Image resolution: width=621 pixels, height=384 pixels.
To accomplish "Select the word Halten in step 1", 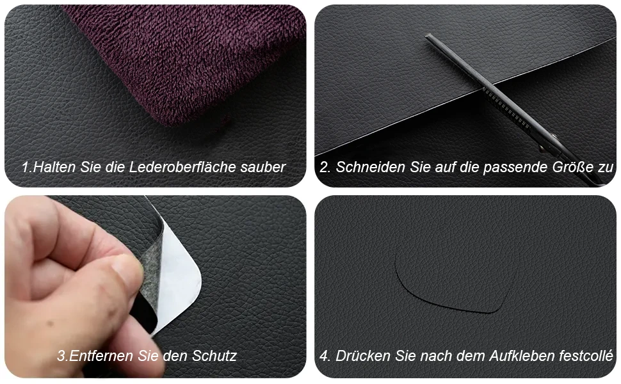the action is [x=54, y=167].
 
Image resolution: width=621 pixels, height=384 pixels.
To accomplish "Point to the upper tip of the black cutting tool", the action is [x=427, y=36].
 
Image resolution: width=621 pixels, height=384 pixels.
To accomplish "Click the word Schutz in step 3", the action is [x=214, y=355].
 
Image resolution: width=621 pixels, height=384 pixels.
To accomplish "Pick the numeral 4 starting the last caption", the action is [x=323, y=356].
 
